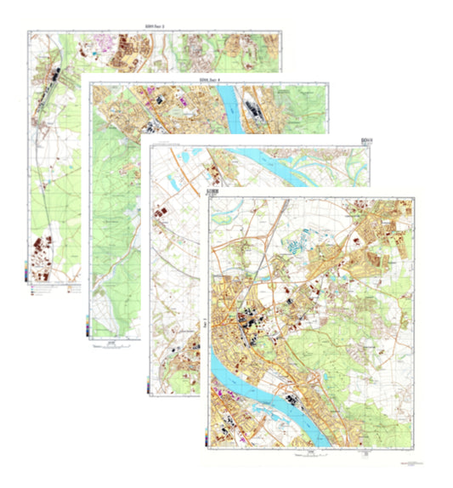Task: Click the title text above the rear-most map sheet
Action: [x=156, y=28]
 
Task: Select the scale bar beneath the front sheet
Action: [x=293, y=454]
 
